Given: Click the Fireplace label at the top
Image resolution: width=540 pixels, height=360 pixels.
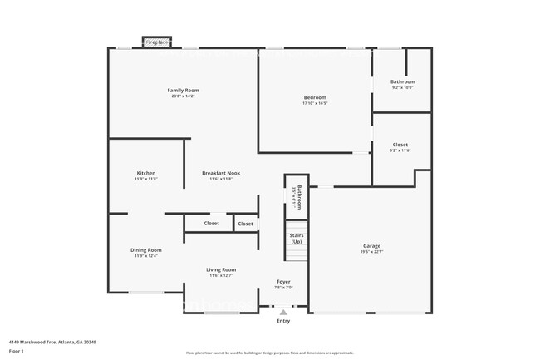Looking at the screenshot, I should click(157, 42).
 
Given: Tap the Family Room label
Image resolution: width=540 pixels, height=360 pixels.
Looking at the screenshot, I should click(183, 90).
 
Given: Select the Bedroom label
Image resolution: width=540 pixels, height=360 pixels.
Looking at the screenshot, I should click(315, 98).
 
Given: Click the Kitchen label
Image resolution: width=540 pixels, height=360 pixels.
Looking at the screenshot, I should click(145, 173).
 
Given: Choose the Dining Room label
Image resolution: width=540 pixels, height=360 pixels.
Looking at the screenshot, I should click(145, 249).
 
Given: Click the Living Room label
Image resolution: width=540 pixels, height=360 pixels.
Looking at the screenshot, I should click(221, 269).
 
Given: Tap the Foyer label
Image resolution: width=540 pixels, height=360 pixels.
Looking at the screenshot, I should click(283, 282).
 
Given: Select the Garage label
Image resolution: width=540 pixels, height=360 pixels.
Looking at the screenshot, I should click(371, 245).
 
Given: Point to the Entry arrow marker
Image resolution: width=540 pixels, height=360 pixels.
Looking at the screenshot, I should click(283, 313).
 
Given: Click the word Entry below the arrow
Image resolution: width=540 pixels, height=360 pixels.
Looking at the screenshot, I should click(283, 321).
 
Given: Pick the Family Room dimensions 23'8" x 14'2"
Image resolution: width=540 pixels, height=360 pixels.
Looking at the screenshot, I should click(183, 96).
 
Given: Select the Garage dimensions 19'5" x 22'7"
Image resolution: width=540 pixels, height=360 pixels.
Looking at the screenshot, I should click(371, 252).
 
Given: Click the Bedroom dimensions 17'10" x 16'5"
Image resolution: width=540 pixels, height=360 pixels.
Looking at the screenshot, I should click(315, 104).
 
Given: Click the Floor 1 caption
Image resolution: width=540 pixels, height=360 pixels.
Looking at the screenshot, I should click(17, 352).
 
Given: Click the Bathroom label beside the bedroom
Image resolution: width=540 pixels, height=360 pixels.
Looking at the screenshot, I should click(402, 81).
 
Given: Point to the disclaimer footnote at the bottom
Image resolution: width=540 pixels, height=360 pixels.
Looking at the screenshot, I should click(269, 353).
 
